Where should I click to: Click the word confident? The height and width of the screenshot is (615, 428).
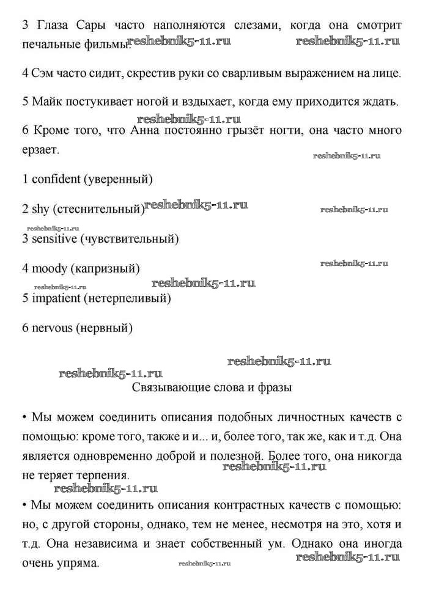coord(56,179)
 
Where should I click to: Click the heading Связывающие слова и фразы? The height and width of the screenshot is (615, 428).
coord(212,387)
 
